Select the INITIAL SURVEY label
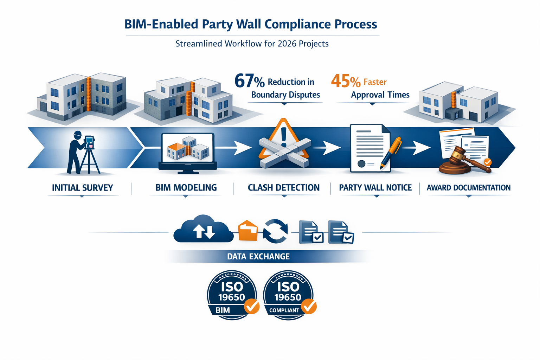click(x=82, y=188)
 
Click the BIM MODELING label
click(x=186, y=188)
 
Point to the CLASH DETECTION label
click(x=284, y=188)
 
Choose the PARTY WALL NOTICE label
click(x=375, y=188)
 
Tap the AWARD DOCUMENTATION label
click(x=468, y=188)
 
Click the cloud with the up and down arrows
click(x=203, y=230)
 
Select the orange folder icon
click(x=248, y=231)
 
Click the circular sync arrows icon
click(x=275, y=231)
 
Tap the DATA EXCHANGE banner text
click(x=258, y=257)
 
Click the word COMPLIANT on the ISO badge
click(x=284, y=310)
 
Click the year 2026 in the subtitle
click(x=287, y=44)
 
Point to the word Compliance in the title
click(x=297, y=24)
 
